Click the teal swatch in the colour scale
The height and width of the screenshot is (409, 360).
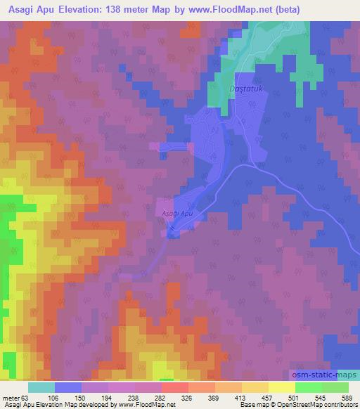41,387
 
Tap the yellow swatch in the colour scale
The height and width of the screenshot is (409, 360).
282,387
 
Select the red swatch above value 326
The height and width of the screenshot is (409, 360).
174,387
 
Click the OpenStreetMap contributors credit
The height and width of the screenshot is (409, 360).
323,405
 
